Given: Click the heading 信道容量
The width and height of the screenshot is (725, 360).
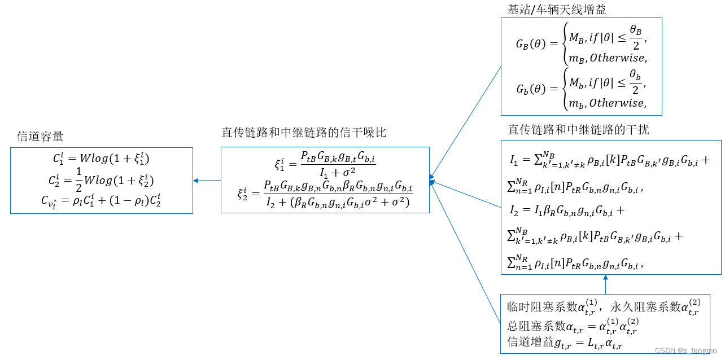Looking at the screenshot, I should coord(41,136).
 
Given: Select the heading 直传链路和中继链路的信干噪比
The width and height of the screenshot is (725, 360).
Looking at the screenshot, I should coord(304,133).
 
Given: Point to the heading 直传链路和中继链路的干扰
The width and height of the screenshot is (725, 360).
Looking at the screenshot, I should coord(579,129).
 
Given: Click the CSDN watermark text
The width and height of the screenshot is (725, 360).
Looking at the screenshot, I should coord(685,350).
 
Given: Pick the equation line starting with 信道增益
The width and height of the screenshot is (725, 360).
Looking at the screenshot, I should coord(565,343).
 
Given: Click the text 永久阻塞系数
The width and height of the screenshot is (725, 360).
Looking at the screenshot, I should coord(646,308).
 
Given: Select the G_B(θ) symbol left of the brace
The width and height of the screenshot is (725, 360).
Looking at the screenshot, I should coord(531,44).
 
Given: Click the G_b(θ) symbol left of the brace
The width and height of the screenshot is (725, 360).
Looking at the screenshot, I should coord(531,89).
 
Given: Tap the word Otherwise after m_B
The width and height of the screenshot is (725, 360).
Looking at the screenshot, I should coord(618,58).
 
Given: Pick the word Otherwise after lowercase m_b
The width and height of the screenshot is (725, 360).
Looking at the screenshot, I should coord(618,103).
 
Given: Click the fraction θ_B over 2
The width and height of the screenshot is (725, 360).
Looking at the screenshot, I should coord(636,38).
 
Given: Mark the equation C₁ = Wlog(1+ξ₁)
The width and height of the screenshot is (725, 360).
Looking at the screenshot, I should coord(102,159).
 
